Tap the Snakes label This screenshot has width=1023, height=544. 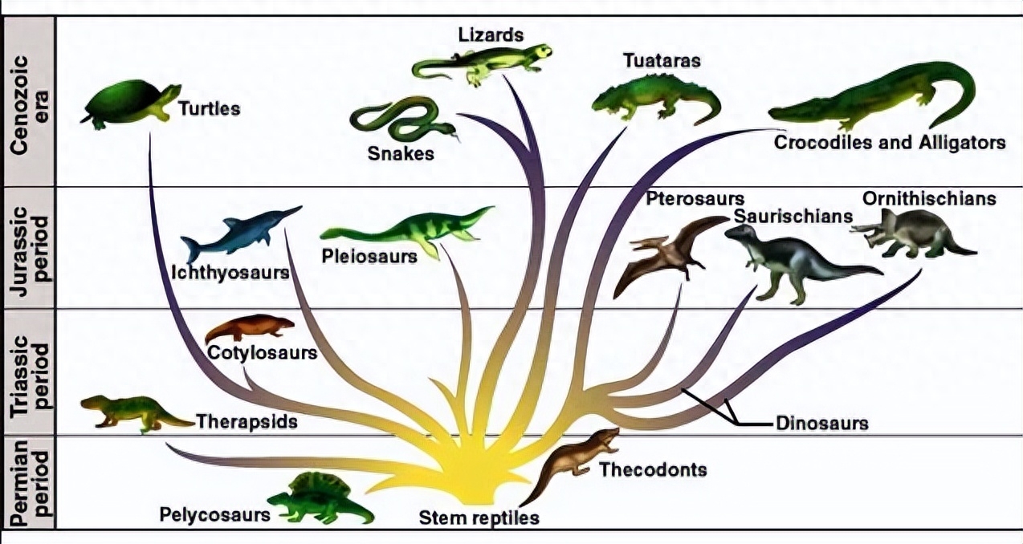coord(401,152)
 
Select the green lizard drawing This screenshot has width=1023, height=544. coord(482,63)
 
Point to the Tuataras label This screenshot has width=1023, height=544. coord(662,61)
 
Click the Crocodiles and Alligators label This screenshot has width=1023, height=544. coord(890,143)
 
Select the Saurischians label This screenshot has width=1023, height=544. coord(793,217)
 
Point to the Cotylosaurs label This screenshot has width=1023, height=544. coord(262,352)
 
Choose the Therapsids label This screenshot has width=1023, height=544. coord(247,420)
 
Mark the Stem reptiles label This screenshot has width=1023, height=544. coord(479,518)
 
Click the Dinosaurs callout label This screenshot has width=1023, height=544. coord(821,423)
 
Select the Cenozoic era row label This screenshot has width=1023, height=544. coord(28,99)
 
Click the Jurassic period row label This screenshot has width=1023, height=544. coord(28,247)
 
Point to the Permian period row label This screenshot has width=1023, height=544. coord(28,481)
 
